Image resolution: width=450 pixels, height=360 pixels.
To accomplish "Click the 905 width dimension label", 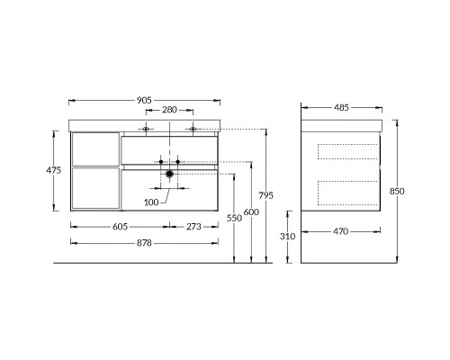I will coord(144,100).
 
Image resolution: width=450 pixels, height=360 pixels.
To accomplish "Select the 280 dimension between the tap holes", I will coord(168,111).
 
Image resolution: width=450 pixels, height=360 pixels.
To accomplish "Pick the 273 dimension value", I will coord(193,229).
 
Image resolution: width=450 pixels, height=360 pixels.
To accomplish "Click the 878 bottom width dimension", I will coord(144,243).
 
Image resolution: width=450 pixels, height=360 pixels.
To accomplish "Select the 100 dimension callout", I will coord(151,202).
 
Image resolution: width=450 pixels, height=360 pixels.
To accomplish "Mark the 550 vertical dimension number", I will coord(234,218).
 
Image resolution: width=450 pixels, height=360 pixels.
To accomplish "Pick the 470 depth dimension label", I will coord(340,232).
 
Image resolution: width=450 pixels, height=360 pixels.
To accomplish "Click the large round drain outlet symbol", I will coord(169,174).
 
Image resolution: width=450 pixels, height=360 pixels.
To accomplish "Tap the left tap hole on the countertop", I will coord(146,130).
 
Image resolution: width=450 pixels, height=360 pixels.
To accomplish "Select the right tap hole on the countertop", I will coord(193,130).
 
